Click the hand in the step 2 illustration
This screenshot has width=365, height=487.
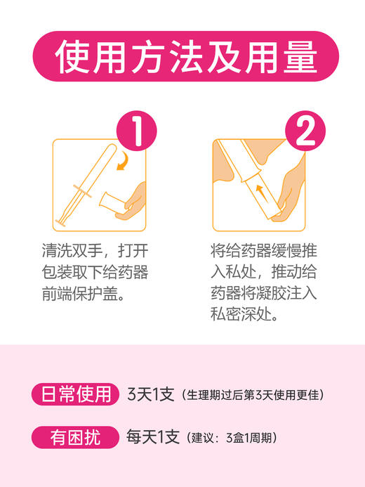(x=289, y=197)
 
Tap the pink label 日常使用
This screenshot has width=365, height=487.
(x=74, y=394)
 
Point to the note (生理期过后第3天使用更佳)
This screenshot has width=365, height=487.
(x=253, y=395)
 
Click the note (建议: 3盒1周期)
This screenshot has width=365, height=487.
(x=232, y=438)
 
